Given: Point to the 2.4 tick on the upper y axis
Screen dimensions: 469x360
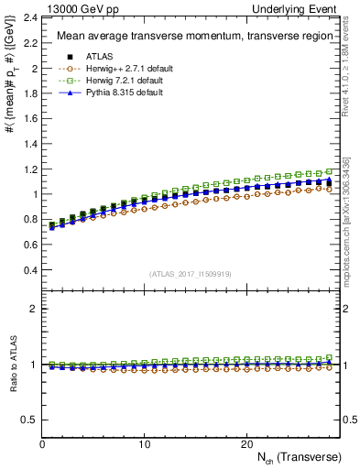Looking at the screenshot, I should click(31, 18).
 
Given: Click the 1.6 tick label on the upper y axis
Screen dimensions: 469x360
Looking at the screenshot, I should click(31, 119).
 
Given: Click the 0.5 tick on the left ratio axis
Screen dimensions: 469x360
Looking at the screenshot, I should click(31, 420).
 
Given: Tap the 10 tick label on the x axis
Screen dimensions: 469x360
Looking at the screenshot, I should click(144, 443).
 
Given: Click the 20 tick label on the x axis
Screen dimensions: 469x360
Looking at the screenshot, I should click(245, 443).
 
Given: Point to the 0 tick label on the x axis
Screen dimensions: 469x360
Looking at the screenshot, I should click(42, 443).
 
